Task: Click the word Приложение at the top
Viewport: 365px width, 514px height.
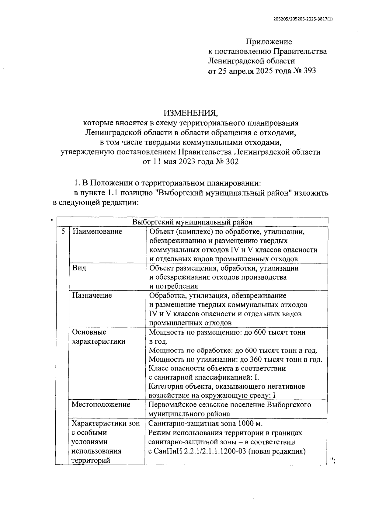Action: coord(269,42)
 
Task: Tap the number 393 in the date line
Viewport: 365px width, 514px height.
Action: coord(309,71)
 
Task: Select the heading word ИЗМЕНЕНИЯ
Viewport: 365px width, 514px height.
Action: coord(191,113)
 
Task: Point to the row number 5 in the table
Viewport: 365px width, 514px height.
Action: coord(63,231)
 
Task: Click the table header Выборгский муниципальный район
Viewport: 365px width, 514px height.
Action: coord(192,222)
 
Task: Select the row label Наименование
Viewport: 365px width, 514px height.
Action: coord(97,231)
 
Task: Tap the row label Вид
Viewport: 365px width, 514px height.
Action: coord(79,268)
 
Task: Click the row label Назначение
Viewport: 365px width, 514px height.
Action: coord(92,295)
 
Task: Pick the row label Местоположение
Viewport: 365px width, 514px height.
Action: coord(101,405)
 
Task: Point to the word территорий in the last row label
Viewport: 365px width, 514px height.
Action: coord(91,460)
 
